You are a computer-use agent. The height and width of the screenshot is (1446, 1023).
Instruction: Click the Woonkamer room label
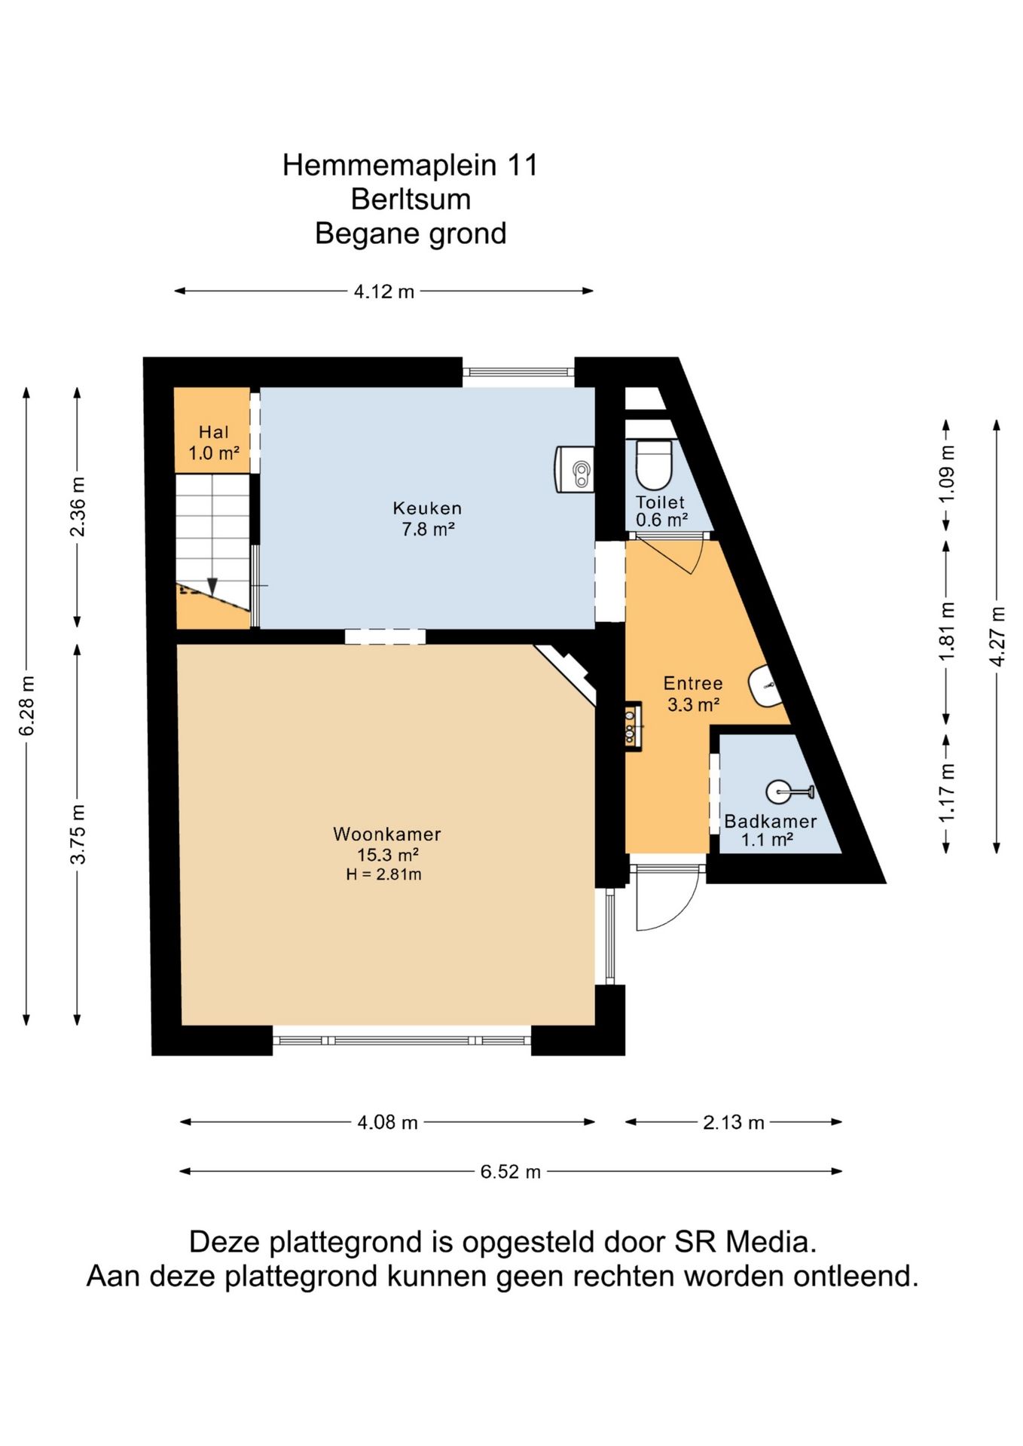[387, 834]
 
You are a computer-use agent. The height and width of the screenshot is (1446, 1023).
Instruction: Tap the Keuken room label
[427, 508]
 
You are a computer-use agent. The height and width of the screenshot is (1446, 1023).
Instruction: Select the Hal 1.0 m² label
[214, 443]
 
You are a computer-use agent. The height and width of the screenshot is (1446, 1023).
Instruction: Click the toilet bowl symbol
[653, 465]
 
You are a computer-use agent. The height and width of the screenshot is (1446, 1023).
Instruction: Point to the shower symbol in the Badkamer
[789, 792]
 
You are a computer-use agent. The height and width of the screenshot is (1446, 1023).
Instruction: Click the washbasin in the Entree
[765, 686]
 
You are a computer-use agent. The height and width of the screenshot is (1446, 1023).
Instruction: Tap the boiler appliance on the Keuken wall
[575, 470]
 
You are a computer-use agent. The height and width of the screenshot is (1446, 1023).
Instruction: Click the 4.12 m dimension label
[384, 291]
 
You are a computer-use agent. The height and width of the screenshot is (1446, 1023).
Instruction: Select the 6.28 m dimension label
[27, 706]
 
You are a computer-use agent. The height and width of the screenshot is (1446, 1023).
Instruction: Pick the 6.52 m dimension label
[511, 1171]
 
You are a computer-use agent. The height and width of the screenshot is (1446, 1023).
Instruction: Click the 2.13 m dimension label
[734, 1122]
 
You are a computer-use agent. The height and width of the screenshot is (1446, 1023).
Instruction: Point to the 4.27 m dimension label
[997, 636]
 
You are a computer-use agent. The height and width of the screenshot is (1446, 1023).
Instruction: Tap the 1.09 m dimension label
[947, 474]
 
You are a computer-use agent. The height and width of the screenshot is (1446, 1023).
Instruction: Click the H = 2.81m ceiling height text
[383, 874]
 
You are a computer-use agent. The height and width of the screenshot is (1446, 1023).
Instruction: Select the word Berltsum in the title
[411, 199]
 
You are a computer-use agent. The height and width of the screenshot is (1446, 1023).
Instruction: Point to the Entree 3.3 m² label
[693, 694]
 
